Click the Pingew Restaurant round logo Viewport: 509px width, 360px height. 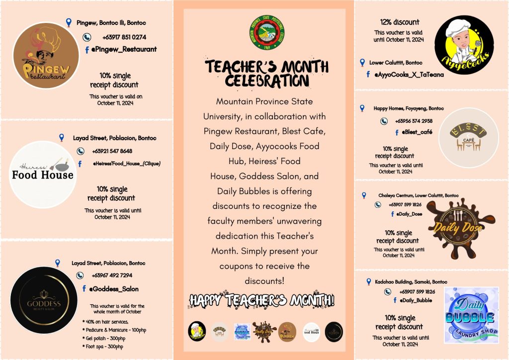[x=46, y=56]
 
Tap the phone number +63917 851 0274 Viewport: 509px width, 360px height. [x=124, y=37]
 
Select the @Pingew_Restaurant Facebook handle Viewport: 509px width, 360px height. [x=123, y=49]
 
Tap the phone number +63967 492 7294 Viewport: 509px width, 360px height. [x=112, y=275]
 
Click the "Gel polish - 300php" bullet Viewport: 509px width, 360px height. [x=102, y=338]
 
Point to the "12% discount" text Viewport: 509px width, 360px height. [x=399, y=22]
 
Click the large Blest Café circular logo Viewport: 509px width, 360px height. [x=469, y=138]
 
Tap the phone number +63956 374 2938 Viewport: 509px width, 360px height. [x=414, y=121]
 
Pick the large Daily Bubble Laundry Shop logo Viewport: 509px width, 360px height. [x=470, y=315]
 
